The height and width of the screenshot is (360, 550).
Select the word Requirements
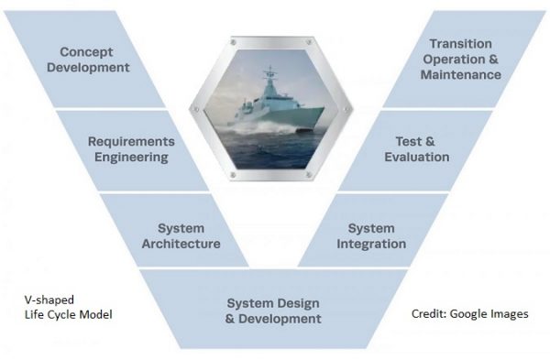click(x=131, y=141)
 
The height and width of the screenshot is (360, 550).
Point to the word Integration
click(x=371, y=244)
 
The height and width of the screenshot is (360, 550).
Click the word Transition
click(x=460, y=44)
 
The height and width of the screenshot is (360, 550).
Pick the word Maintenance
click(x=460, y=74)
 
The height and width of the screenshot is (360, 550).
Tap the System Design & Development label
click(x=274, y=311)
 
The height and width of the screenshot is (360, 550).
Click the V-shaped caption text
click(x=49, y=300)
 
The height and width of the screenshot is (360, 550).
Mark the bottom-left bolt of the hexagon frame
click(x=232, y=171)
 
